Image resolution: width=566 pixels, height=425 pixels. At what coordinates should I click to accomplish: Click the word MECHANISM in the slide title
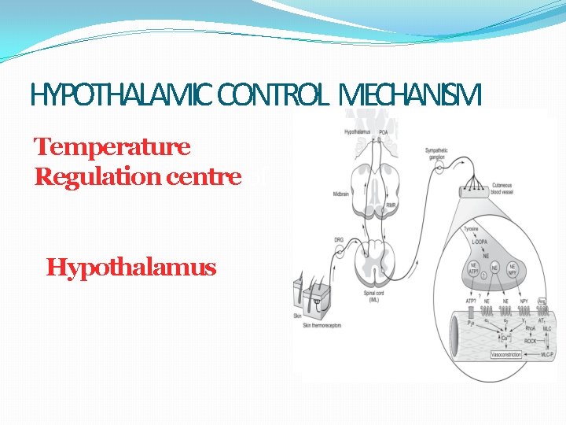click(407, 96)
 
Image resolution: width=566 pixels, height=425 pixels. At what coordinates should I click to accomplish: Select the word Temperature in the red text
click(112, 146)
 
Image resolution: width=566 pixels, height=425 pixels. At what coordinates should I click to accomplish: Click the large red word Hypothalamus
click(131, 268)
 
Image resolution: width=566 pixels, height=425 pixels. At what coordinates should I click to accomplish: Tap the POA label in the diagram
click(384, 131)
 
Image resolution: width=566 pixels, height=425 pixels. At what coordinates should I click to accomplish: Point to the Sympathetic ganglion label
click(438, 152)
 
